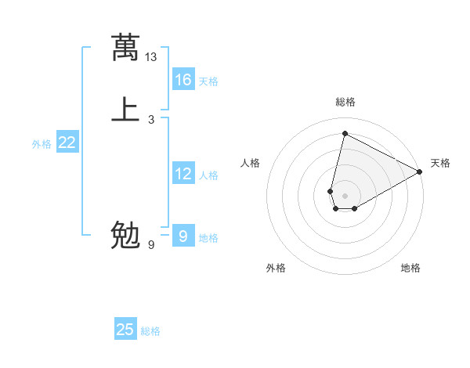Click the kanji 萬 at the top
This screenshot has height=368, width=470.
point(125,48)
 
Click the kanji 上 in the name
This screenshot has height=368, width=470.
point(125,109)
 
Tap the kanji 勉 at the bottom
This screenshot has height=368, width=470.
point(125,235)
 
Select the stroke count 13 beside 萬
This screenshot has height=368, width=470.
point(151,57)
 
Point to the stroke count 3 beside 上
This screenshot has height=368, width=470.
point(151,119)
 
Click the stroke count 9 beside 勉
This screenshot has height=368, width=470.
point(151,245)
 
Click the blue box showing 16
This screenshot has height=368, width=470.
point(183,80)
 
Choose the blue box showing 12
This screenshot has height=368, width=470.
point(183,174)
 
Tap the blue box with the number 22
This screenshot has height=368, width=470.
point(67,143)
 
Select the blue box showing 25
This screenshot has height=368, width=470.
point(125,330)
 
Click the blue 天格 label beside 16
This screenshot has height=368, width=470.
point(208,81)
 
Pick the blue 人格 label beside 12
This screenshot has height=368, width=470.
point(208,175)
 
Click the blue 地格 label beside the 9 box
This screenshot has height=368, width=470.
point(208,238)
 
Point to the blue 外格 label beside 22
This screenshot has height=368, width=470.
point(42,144)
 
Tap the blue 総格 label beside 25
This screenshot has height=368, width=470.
point(150,331)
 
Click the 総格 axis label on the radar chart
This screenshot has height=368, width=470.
point(345,102)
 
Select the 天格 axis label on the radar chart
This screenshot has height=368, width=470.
point(440,163)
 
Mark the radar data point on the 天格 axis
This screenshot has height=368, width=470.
point(420,171)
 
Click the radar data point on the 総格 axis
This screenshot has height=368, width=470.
point(345,133)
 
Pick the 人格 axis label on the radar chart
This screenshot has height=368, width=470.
point(251,163)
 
